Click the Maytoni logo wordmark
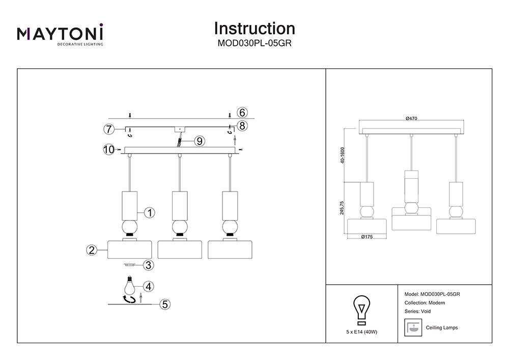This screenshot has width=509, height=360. point(60,34)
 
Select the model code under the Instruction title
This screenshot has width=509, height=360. point(254,43)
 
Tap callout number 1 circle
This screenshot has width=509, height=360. point(150,213)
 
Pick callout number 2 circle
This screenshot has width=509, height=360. point(92,250)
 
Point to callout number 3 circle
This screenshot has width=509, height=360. point(149,265)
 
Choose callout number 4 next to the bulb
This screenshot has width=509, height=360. point(148,286)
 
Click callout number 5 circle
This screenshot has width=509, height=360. point(165,304)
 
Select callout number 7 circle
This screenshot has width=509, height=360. point(108,129)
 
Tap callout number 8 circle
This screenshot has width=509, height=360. point(242,125)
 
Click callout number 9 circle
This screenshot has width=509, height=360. point(199,141)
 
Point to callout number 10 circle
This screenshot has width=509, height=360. point(109,149)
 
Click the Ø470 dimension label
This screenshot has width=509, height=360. point(412,118)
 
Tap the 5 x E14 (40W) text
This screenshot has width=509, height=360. point(361,331)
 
